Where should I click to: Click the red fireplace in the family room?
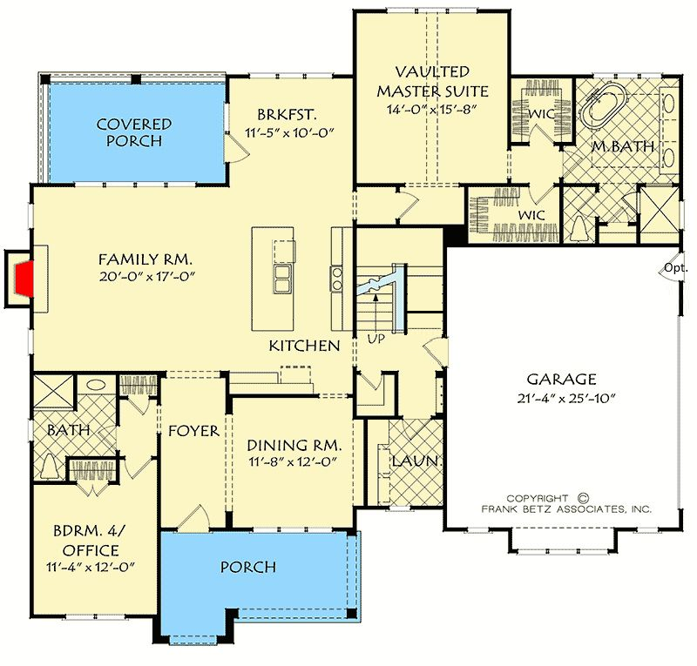(x=25, y=279)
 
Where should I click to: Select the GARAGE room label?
(x=561, y=379)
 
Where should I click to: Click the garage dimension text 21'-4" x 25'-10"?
(x=565, y=398)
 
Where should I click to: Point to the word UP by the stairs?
(x=376, y=339)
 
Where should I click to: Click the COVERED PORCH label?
(x=134, y=132)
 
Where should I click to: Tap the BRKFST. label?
(x=288, y=115)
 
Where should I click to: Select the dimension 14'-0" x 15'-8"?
(x=431, y=110)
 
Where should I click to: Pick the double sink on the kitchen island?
(x=281, y=279)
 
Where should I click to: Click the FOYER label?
(x=193, y=431)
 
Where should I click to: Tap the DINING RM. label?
(x=294, y=445)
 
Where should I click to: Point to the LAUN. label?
(x=417, y=461)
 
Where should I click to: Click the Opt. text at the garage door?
(x=676, y=267)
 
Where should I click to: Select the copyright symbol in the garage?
(x=584, y=498)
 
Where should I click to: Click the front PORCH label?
(x=248, y=567)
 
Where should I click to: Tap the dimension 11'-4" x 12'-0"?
(x=91, y=568)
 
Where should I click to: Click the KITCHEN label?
(x=304, y=346)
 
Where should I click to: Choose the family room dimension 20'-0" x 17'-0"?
(x=146, y=277)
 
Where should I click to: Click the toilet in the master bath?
(x=579, y=230)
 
